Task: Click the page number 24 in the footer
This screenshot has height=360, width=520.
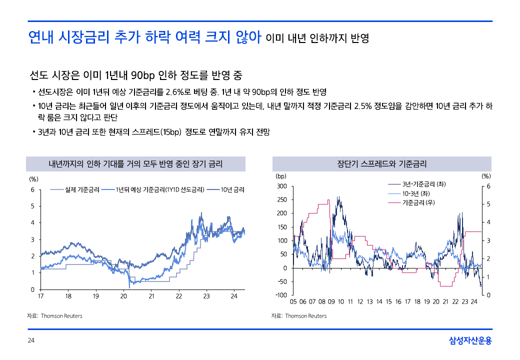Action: (x=30, y=341)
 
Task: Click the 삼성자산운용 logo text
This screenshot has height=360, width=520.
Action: (x=470, y=341)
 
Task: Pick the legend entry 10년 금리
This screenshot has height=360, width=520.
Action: (x=232, y=189)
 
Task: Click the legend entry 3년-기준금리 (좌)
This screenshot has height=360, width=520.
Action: (x=424, y=184)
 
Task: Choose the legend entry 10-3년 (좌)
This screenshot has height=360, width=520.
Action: (x=416, y=193)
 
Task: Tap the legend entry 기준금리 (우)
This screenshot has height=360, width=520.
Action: (x=418, y=202)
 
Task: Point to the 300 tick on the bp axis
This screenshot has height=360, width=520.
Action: (x=281, y=186)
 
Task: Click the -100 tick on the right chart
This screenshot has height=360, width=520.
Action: (x=280, y=295)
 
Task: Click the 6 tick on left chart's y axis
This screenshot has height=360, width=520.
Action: (x=32, y=189)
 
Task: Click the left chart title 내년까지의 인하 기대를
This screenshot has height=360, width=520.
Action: (x=135, y=164)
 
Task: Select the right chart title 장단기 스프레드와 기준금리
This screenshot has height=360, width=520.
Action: (x=381, y=164)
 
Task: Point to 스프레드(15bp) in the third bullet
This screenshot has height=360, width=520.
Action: (x=157, y=132)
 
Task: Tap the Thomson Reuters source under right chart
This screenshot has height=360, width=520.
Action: (x=305, y=316)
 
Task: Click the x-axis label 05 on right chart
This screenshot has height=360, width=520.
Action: (x=293, y=302)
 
